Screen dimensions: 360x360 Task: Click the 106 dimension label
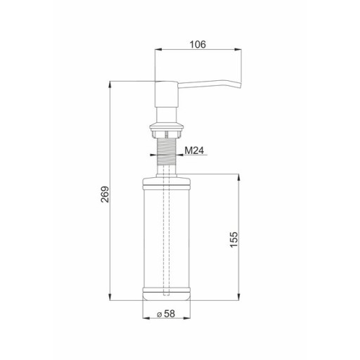(x=198, y=44)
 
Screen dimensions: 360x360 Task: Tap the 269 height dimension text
(x=105, y=194)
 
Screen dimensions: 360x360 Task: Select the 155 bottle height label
(x=234, y=239)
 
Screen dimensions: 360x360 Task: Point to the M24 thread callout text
(x=194, y=150)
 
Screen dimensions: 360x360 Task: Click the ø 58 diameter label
(x=166, y=314)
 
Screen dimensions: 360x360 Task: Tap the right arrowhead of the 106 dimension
(x=238, y=49)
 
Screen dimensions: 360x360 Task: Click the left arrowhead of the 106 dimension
(x=158, y=49)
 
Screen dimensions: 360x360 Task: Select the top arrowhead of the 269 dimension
(x=110, y=84)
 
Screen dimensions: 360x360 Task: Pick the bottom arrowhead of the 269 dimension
(x=110, y=297)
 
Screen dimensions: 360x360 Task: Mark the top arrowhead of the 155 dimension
(x=238, y=178)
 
